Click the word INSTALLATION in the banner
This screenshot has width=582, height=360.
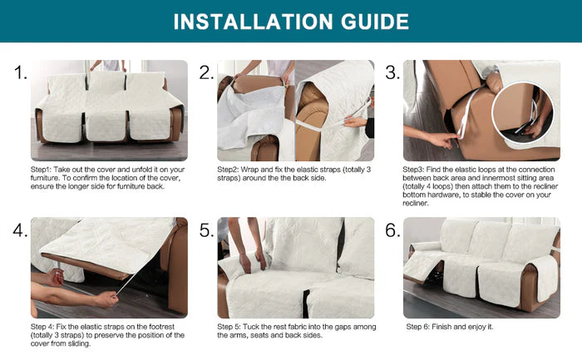coord(253,22)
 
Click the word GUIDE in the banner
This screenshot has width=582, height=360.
coord(375,22)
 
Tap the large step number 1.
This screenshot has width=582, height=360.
coord(21,72)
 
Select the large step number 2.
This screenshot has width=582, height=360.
coord(206,72)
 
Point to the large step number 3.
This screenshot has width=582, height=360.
coord(392,72)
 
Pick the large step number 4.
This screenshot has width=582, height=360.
coord(20,230)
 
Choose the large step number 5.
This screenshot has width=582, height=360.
coord(206,230)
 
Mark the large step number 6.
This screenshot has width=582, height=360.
coord(392,230)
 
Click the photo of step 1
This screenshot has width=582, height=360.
coord(109,111)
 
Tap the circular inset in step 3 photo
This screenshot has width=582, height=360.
coord(522,112)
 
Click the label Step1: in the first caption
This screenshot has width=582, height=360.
coord(42,170)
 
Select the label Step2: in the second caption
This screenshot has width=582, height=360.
coord(228,170)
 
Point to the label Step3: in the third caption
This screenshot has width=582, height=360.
coord(413,170)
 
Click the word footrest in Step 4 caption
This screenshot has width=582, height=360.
coord(161,327)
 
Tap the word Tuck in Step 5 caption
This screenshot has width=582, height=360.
coord(251,327)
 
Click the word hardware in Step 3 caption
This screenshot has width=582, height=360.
coord(445,195)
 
